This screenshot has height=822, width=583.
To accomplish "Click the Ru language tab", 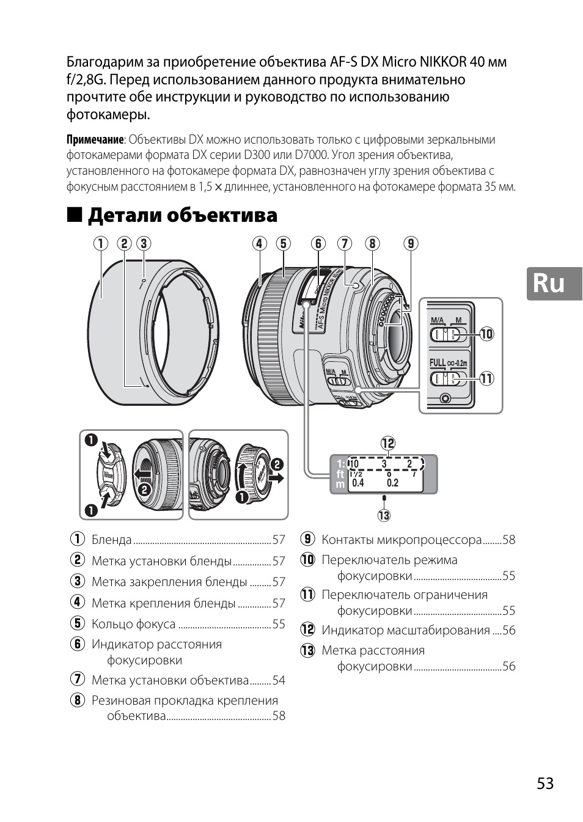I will tap(554, 284).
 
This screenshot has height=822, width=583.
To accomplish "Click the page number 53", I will tap(545, 783).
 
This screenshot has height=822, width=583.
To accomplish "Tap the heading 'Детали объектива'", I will tap(182, 215).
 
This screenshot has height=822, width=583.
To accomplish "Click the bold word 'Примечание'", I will tap(95, 140).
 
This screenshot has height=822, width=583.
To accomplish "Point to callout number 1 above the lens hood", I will tap(101, 244).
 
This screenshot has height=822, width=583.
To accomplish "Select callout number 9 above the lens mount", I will tap(410, 244).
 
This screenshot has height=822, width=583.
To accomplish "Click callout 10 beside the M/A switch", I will tap(486, 334).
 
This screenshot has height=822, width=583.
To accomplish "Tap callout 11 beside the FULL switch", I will tap(486, 378).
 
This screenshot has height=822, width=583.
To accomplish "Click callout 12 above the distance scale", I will tap(388, 443).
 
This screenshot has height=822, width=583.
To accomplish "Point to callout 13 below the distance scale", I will tap(384, 515).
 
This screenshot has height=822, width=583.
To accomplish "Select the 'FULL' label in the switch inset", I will tap(438, 363).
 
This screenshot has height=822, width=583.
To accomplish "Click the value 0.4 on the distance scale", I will tap(358, 483).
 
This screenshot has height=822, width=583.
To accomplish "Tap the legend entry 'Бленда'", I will tap(112, 540).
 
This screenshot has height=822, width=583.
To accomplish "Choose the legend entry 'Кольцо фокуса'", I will tap(133, 624).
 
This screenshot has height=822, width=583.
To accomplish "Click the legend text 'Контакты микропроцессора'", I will tap(402, 540).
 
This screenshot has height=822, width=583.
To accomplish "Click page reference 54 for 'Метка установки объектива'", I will tap(279, 680).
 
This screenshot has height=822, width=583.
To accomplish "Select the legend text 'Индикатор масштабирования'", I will tap(406, 630).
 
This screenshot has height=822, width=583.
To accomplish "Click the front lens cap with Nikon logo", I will tap(111, 475).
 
